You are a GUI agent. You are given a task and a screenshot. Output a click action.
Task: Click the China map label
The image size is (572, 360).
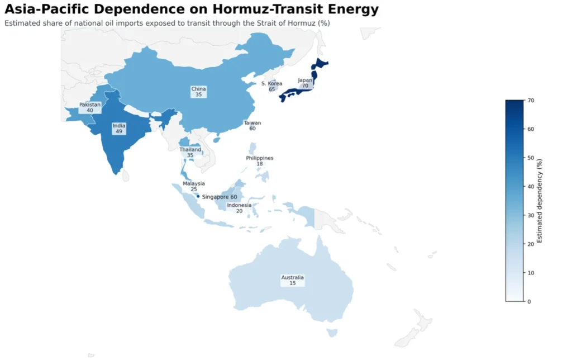[x=198, y=92]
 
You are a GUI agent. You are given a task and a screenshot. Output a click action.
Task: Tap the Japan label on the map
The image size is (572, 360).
[x=305, y=83]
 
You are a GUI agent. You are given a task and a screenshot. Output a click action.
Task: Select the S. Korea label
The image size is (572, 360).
[x=271, y=86]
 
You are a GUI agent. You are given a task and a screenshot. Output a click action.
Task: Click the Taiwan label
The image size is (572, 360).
[x=252, y=125]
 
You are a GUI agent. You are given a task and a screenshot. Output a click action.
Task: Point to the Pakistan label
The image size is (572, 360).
[x=90, y=107]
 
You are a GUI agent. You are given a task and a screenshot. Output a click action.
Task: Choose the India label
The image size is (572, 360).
[x=119, y=129]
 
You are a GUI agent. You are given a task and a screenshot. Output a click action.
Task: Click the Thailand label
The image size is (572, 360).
[x=190, y=152]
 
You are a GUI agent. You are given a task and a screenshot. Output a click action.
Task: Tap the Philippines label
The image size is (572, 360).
[x=260, y=160]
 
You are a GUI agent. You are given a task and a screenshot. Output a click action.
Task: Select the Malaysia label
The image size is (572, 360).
[x=194, y=186]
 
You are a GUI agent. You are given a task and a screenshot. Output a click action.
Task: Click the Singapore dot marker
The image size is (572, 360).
[x=198, y=196]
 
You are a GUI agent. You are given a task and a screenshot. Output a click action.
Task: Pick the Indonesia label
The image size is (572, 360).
[x=239, y=208]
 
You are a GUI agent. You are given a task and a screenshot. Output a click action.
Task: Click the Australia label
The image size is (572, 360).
[x=292, y=280]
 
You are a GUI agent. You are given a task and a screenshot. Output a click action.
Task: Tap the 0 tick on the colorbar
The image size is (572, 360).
[x=528, y=301]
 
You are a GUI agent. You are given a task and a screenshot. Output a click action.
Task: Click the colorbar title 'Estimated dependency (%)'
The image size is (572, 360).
[x=540, y=200]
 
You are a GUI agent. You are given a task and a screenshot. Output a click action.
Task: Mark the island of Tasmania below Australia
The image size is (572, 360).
[x=332, y=333]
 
